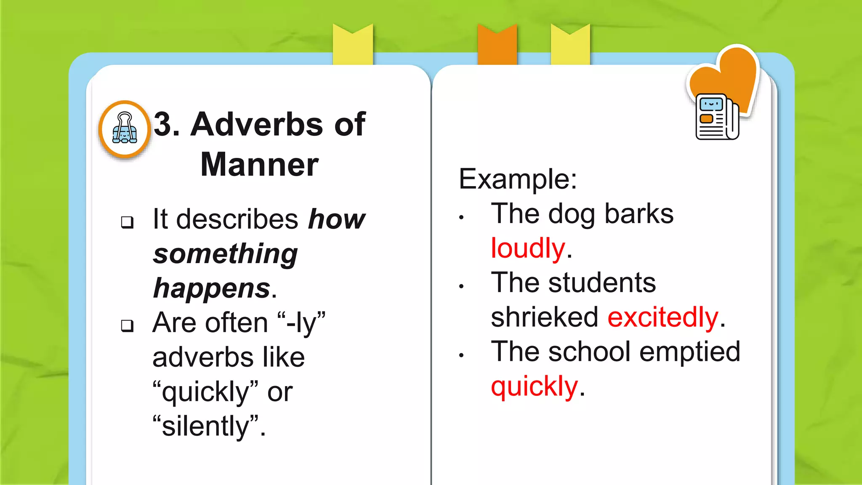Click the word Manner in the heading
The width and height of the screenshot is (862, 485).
point(259,165)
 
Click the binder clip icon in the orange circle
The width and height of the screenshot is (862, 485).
point(125,128)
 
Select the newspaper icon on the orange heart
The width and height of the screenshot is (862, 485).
point(717,117)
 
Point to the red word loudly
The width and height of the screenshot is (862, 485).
point(528,248)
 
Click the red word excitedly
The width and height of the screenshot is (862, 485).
point(663,317)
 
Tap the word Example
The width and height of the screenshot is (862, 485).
point(517,179)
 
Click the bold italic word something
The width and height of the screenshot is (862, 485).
point(225,254)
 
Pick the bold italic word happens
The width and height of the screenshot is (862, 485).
point(212,289)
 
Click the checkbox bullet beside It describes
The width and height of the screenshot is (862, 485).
point(127,222)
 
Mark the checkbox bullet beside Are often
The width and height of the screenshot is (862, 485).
point(127,325)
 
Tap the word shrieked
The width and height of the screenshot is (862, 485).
point(544,317)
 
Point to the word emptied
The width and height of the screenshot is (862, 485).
point(689,352)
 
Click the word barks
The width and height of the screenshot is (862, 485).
point(639,214)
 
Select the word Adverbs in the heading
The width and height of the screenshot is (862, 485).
point(257,124)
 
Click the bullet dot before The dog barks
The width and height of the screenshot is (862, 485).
point(461,218)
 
